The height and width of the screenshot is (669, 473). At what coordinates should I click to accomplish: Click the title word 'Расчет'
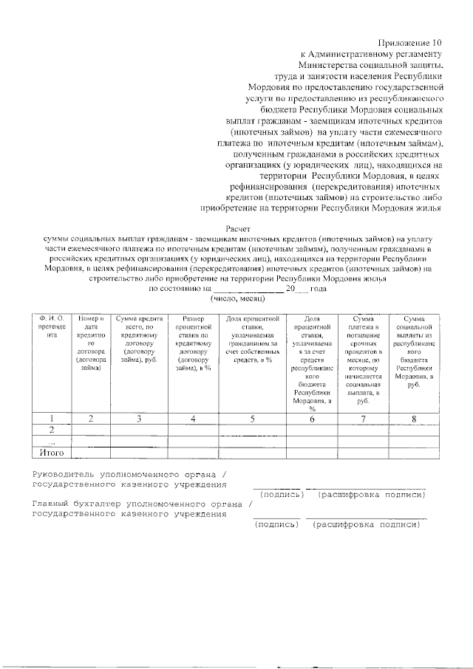pyautogui.click(x=238, y=230)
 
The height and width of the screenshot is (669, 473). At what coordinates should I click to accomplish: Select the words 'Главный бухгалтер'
pyautogui.click(x=78, y=504)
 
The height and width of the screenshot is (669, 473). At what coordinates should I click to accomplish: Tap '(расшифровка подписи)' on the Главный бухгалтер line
pyautogui.click(x=367, y=525)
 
